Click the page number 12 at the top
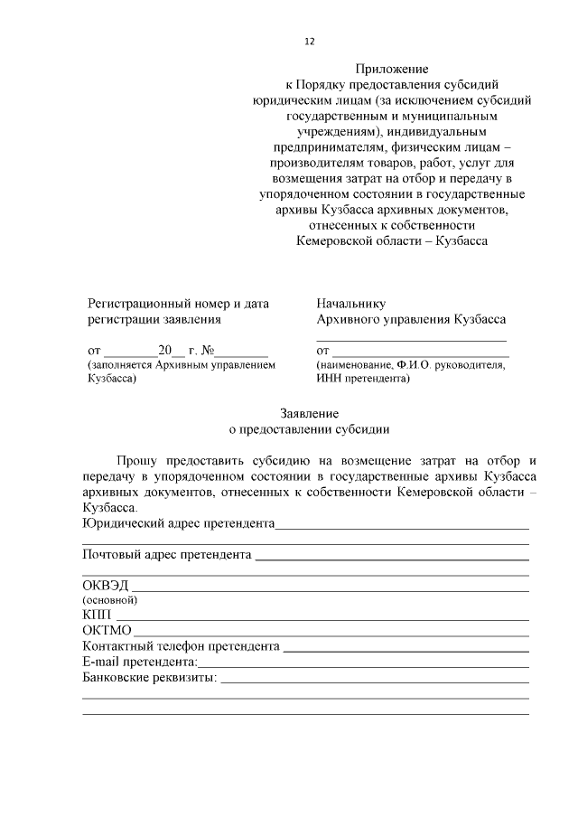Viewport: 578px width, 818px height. [309, 42]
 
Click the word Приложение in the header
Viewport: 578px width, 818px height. [391, 69]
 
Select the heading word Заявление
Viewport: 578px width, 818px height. [304, 413]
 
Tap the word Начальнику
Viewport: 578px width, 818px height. [351, 304]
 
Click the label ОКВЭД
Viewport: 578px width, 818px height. [106, 585]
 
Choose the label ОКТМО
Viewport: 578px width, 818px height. [107, 631]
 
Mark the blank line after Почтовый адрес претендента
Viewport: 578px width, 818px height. [391, 554]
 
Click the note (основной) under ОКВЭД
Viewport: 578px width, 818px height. [109, 600]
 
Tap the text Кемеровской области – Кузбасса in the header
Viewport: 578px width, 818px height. [392, 241]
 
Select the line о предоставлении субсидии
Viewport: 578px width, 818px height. [304, 429]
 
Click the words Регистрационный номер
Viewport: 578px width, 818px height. [153, 304]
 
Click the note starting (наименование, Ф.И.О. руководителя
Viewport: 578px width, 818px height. [411, 365]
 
